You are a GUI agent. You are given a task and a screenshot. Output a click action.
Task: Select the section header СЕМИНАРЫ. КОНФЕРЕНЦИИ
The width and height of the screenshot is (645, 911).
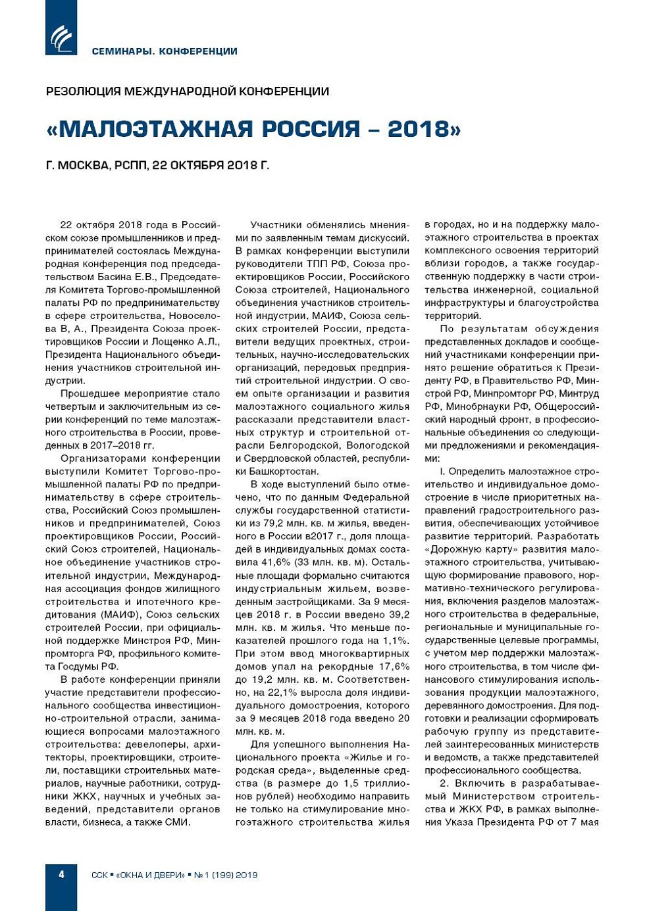coord(165,51)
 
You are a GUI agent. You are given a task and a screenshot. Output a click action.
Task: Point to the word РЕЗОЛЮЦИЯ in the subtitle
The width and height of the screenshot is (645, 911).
coord(84,91)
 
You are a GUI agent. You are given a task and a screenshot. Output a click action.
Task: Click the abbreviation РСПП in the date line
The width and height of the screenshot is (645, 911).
coord(131,165)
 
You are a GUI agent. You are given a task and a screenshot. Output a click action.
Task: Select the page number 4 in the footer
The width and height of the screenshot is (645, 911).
coord(61,875)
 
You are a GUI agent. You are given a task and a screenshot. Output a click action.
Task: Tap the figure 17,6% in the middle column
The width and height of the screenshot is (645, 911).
coord(394,666)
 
